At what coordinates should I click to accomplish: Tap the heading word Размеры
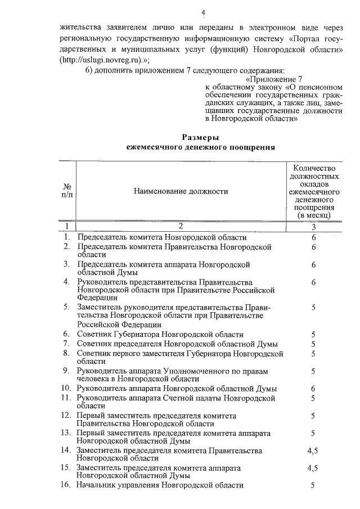(201, 137)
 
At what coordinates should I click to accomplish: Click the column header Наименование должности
(181, 191)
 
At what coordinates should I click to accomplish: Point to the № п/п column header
(67, 191)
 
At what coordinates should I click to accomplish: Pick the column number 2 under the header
(181, 227)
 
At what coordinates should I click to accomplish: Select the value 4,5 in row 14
(313, 451)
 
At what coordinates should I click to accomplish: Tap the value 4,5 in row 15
(313, 468)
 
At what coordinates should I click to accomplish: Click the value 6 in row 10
(313, 389)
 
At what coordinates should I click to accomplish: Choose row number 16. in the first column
(67, 485)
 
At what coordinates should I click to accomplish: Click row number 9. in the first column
(67, 371)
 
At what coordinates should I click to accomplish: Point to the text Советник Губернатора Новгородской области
(160, 334)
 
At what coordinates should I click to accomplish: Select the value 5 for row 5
(313, 308)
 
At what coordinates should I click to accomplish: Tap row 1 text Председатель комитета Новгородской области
(162, 237)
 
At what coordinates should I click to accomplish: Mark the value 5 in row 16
(313, 485)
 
